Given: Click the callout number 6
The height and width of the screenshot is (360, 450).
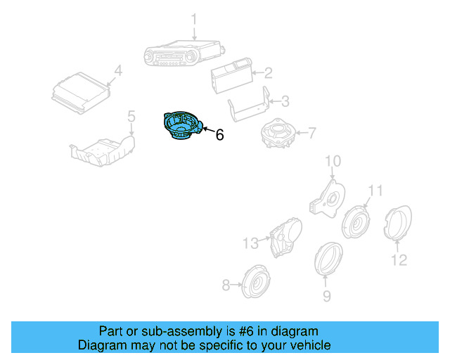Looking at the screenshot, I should click(219, 134).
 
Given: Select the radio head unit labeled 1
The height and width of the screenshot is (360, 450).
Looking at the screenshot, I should click(185, 54).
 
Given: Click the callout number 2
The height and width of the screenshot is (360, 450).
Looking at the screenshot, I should click(268, 72).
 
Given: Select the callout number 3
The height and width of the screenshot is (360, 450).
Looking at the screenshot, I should click(285, 101).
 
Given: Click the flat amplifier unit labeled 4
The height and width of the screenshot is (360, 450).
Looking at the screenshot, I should click(82, 94).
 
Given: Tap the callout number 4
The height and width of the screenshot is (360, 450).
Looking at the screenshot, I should click(118, 70).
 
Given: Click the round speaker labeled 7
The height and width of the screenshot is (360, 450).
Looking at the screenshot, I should click(277, 134).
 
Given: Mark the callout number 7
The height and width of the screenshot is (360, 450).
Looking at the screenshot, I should click(312, 131).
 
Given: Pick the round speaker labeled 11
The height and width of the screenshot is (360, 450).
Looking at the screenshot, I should click(356, 222).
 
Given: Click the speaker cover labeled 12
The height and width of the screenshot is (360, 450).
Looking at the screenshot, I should click(397, 224).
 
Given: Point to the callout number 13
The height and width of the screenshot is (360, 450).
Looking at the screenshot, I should click(251, 244).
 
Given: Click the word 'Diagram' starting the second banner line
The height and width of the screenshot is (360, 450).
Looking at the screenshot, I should click(101, 345).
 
